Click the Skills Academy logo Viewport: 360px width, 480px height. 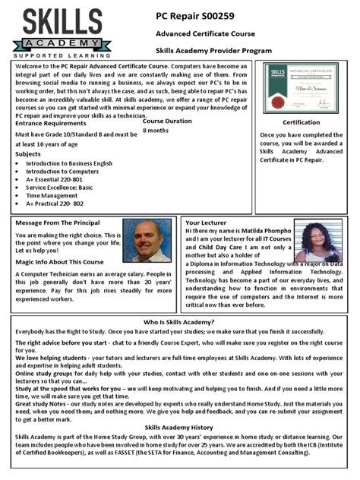pyautogui.click(x=61, y=31)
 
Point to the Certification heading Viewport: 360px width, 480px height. pyautogui.click(x=301, y=122)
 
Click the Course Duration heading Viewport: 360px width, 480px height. pyautogui.click(x=167, y=122)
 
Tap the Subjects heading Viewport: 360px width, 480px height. pyautogui.click(x=28, y=153)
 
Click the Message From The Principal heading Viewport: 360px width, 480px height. pyautogui.click(x=57, y=223)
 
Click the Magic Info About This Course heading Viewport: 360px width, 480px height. pyautogui.click(x=59, y=262)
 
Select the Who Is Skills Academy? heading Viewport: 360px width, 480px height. pyautogui.click(x=179, y=323)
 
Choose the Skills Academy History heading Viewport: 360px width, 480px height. pyautogui.click(x=179, y=428)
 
